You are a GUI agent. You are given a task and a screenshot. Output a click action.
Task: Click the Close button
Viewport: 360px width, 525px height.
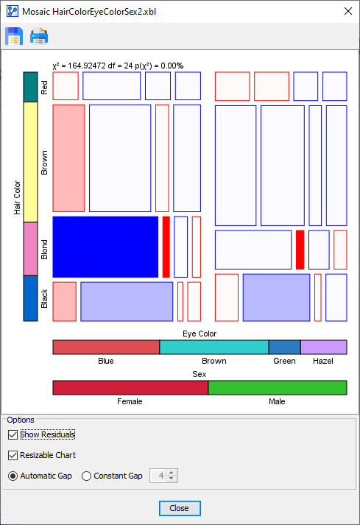(179, 508)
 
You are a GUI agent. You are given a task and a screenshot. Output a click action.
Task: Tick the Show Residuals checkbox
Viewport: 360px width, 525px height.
(13, 434)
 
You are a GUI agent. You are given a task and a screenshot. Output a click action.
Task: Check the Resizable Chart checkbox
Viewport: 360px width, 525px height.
(13, 455)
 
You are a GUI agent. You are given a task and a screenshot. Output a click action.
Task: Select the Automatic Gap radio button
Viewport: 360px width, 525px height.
(13, 476)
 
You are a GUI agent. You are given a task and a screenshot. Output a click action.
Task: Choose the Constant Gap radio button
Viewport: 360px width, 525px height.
(87, 476)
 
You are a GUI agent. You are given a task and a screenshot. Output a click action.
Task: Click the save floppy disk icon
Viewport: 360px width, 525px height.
(14, 35)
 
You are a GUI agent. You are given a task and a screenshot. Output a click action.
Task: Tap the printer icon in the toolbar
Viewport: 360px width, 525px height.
(39, 35)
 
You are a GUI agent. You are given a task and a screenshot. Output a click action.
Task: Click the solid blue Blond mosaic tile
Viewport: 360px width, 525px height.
(105, 247)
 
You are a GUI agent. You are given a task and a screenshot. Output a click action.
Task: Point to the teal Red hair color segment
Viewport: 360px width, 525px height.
(30, 86)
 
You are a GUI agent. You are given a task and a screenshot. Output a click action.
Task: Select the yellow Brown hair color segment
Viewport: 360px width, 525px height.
(30, 161)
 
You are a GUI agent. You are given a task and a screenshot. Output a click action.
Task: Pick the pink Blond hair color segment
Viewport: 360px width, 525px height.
(30, 249)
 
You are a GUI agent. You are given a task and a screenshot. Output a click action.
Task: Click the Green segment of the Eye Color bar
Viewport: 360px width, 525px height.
(284, 347)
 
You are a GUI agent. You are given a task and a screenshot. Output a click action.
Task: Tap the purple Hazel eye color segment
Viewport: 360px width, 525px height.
(323, 347)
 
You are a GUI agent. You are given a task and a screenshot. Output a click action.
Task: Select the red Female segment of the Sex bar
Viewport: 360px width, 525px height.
(130, 387)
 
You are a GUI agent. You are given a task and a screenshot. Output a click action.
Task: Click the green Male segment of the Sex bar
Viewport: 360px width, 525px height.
(278, 387)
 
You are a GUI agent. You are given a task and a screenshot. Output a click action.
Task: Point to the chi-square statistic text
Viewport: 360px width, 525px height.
(118, 66)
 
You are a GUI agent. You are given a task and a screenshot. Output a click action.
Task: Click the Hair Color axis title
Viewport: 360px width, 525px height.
(17, 196)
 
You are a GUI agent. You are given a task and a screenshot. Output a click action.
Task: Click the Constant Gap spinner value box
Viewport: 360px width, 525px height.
(158, 476)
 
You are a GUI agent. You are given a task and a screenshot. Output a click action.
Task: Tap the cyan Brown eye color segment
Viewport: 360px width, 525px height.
(213, 347)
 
